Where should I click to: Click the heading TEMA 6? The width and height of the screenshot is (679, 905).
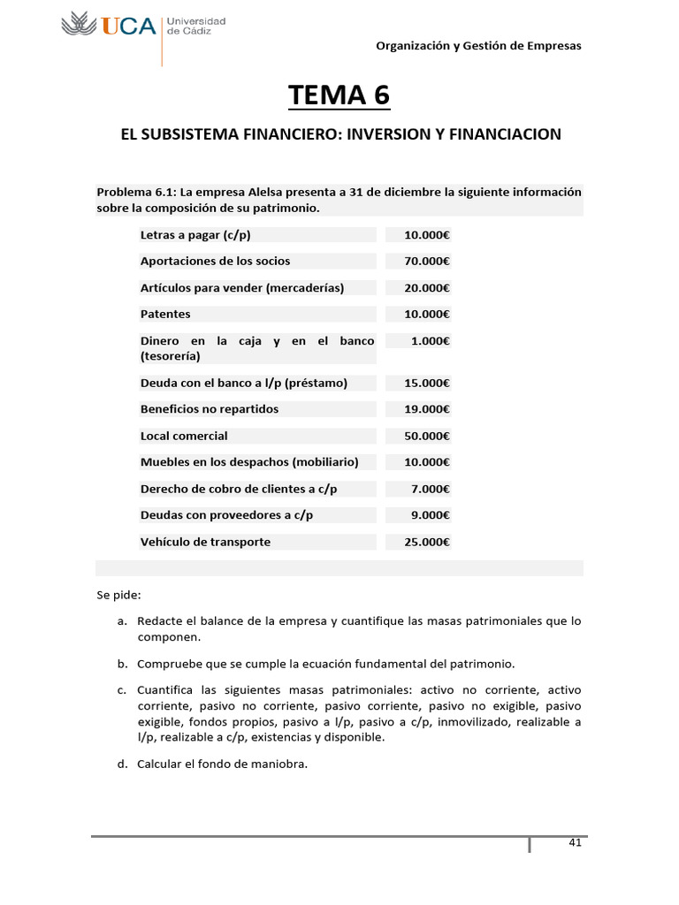(x=339, y=95)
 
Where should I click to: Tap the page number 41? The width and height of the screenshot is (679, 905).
(x=575, y=842)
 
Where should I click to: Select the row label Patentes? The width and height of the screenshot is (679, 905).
(x=165, y=314)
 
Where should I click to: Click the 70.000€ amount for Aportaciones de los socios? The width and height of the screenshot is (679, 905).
(x=427, y=261)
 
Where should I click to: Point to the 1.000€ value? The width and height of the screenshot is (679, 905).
(x=431, y=340)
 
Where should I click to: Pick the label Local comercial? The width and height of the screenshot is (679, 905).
(x=184, y=436)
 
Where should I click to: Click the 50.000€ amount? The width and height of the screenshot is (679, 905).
(x=427, y=436)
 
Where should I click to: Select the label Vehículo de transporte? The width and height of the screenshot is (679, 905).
(x=205, y=542)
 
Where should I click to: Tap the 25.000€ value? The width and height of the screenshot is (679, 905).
(x=427, y=542)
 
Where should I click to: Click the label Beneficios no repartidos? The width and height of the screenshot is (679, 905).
(x=210, y=409)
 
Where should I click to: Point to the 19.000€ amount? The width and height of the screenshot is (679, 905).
(x=427, y=409)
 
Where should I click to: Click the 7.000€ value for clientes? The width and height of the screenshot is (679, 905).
(x=431, y=489)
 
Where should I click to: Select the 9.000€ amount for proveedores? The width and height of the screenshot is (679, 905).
(x=431, y=515)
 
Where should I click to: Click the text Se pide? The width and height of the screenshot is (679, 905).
(x=118, y=595)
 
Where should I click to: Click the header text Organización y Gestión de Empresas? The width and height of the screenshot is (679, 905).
(x=478, y=46)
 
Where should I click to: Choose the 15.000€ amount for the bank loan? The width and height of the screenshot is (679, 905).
(x=427, y=383)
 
